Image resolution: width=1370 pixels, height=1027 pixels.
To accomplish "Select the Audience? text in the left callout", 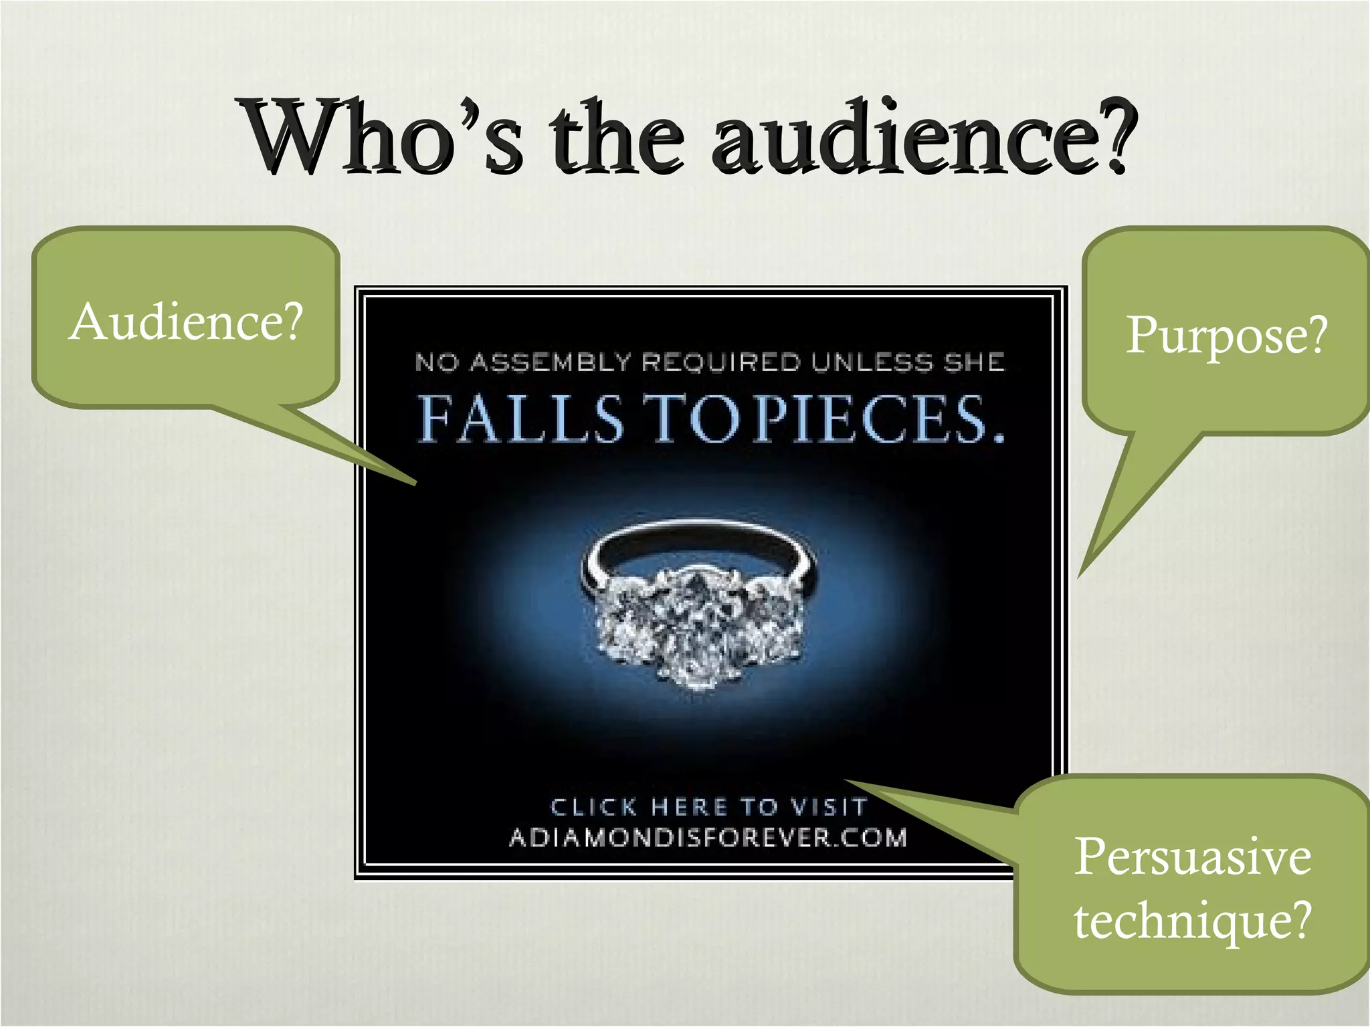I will pyautogui.click(x=186, y=322).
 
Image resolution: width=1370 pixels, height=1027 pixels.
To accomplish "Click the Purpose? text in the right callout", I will pyautogui.click(x=1226, y=334).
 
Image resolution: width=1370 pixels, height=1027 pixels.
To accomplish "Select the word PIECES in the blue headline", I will pyautogui.click(x=870, y=419).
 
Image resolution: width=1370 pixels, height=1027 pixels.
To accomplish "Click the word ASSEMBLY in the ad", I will pyautogui.click(x=551, y=362).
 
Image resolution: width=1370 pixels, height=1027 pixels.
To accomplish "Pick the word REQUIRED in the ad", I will pyautogui.click(x=720, y=362).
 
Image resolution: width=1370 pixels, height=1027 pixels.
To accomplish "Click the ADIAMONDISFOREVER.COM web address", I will pyautogui.click(x=708, y=838).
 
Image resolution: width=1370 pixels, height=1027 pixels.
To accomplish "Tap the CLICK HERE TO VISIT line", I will pyautogui.click(x=709, y=807).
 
